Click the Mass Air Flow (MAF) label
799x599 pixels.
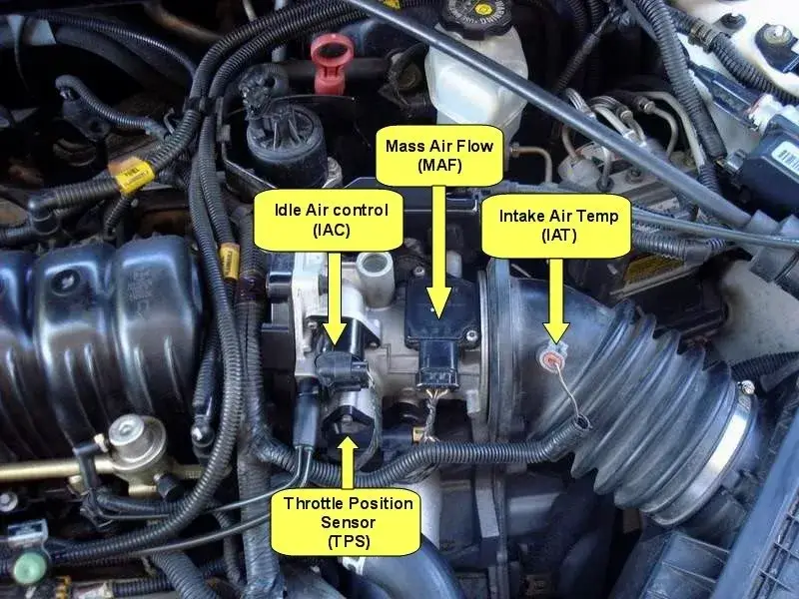pos(439,156)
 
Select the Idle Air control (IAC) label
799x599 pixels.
pos(332,220)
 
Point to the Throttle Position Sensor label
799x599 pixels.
pos(348,522)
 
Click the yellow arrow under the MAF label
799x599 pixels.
pos(438,253)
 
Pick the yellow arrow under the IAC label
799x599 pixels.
pos(335,299)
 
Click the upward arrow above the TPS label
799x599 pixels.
pos(348,462)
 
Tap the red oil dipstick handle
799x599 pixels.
pos(332,60)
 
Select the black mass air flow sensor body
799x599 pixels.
pos(441,326)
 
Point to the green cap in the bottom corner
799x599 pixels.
pos(30,566)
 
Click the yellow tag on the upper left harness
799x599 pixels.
pos(131,175)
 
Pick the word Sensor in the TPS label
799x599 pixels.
pos(348,522)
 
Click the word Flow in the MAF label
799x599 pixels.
pos(474,146)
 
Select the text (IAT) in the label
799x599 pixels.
pos(559,236)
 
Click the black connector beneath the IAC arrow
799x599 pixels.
pos(341,367)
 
